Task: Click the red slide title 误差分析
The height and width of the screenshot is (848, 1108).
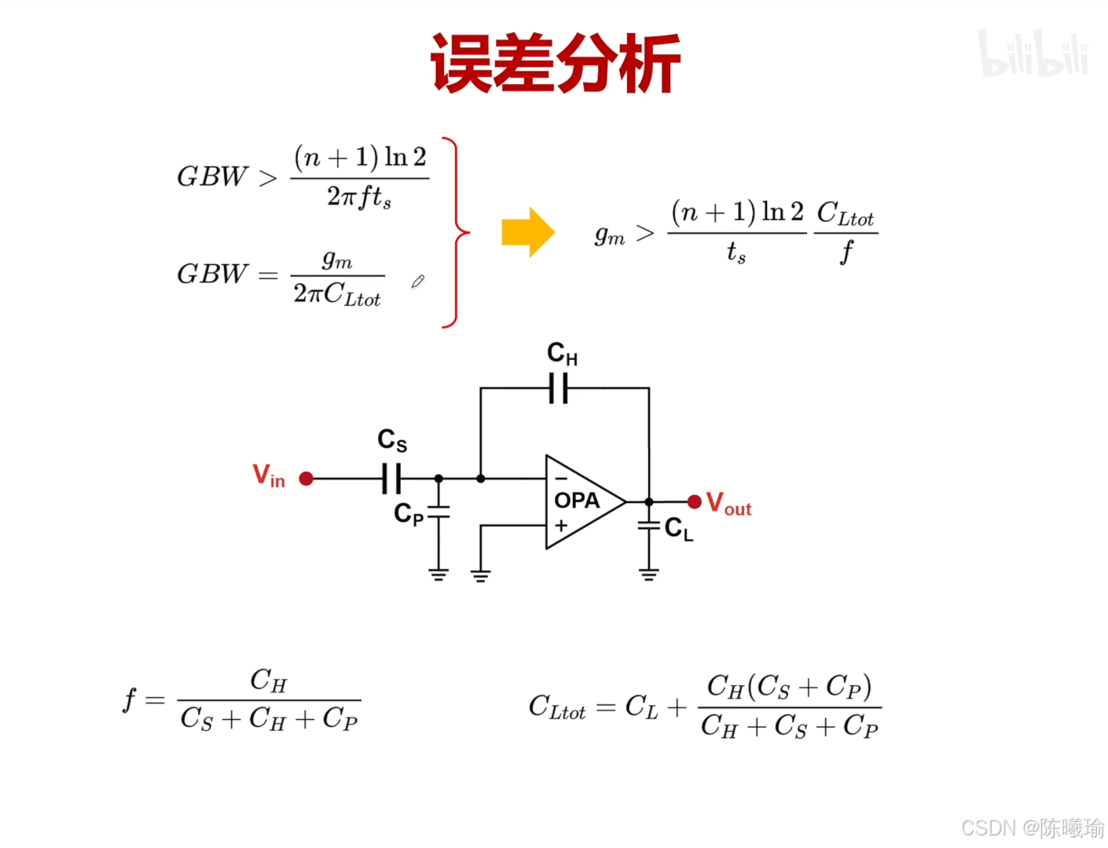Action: click(555, 64)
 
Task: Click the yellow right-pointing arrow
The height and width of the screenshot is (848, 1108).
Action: click(528, 232)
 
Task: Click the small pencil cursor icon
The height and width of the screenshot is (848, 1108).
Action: click(417, 281)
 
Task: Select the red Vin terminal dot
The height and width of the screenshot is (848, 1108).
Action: click(306, 479)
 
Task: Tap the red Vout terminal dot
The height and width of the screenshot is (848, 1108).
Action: click(694, 501)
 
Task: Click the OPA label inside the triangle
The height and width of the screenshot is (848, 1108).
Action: click(577, 501)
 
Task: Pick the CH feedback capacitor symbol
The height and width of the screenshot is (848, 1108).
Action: click(559, 388)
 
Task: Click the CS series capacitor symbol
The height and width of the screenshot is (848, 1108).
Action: click(391, 479)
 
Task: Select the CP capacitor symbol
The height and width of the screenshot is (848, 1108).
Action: click(438, 512)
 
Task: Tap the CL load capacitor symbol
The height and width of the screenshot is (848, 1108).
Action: click(649, 525)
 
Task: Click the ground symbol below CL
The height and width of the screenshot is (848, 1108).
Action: click(649, 575)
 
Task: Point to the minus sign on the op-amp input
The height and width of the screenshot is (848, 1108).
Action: click(561, 478)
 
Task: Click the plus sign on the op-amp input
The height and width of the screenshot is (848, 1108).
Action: click(561, 526)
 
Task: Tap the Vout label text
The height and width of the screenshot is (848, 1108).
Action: click(728, 503)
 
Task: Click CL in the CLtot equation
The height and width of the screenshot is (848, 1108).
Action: click(641, 707)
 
